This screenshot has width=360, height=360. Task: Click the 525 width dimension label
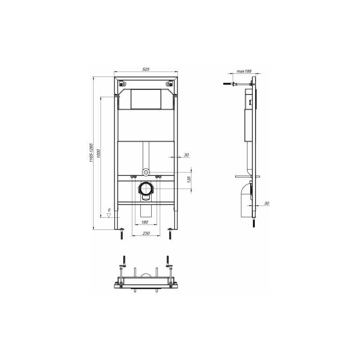[146, 69]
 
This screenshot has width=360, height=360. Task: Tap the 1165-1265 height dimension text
[91, 153]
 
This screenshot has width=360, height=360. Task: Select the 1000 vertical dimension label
[98, 153]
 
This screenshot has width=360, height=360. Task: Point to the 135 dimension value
[189, 179]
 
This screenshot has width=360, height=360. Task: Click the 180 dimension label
[144, 222]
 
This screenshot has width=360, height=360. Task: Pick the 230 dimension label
[146, 233]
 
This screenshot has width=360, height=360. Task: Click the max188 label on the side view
[244, 71]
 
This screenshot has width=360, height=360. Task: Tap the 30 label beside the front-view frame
[186, 155]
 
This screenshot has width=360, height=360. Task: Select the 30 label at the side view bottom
[266, 203]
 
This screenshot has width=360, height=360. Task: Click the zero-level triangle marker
[109, 216]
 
